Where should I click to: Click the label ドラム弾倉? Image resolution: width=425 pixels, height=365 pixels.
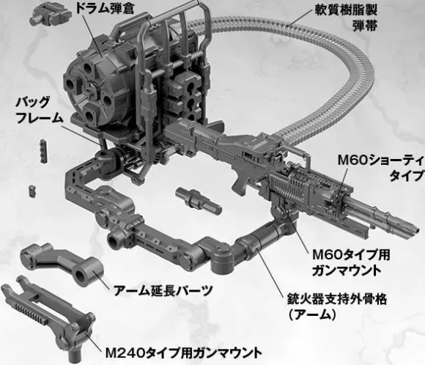pyautogui.click(x=104, y=8)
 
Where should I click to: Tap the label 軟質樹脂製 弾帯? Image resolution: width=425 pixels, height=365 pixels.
pyautogui.click(x=346, y=18)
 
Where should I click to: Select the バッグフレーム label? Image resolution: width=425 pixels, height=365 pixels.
pyautogui.click(x=40, y=110)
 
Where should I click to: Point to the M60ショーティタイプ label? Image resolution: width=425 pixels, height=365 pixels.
pyautogui.click(x=380, y=168)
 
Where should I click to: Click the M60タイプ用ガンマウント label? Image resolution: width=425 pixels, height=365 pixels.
pyautogui.click(x=351, y=262)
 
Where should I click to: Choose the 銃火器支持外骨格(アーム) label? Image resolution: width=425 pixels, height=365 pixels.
pyautogui.click(x=337, y=307)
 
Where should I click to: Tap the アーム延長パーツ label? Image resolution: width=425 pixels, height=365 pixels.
pyautogui.click(x=163, y=291)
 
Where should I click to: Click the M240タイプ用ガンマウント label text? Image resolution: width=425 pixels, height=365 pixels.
pyautogui.click(x=183, y=353)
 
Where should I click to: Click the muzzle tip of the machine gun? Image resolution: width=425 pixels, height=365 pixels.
pyautogui.click(x=418, y=228)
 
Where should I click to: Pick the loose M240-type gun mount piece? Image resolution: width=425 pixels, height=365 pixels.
pyautogui.click(x=47, y=317)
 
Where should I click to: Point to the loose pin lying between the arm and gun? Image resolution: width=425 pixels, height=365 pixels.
pyautogui.click(x=199, y=200)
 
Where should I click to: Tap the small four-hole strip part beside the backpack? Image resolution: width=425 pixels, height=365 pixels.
pyautogui.click(x=44, y=151)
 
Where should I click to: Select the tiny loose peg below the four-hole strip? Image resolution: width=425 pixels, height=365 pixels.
pyautogui.click(x=32, y=191)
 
